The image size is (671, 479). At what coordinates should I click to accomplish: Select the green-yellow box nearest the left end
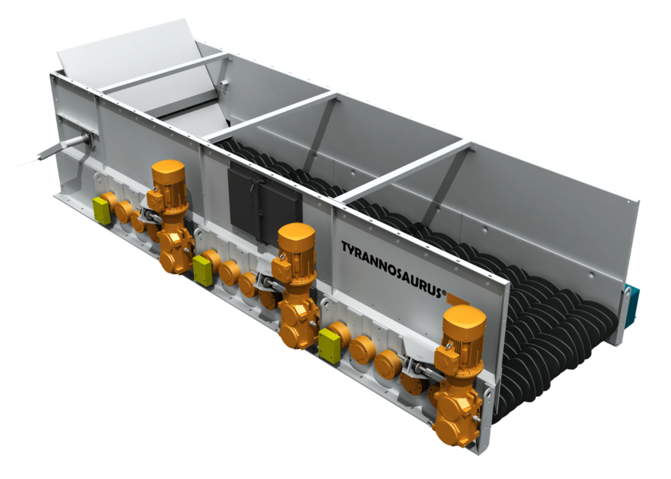[x=102, y=211]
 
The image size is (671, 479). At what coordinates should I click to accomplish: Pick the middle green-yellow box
[x=203, y=271]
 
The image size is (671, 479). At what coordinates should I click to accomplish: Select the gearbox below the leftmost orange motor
[x=176, y=249]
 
